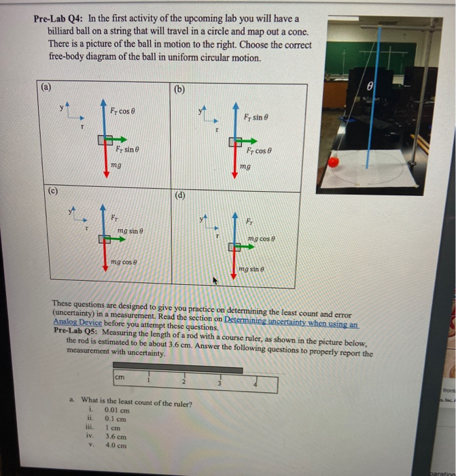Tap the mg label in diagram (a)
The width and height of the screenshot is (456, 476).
click(116, 165)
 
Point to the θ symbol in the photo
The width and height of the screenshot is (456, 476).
click(370, 87)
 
